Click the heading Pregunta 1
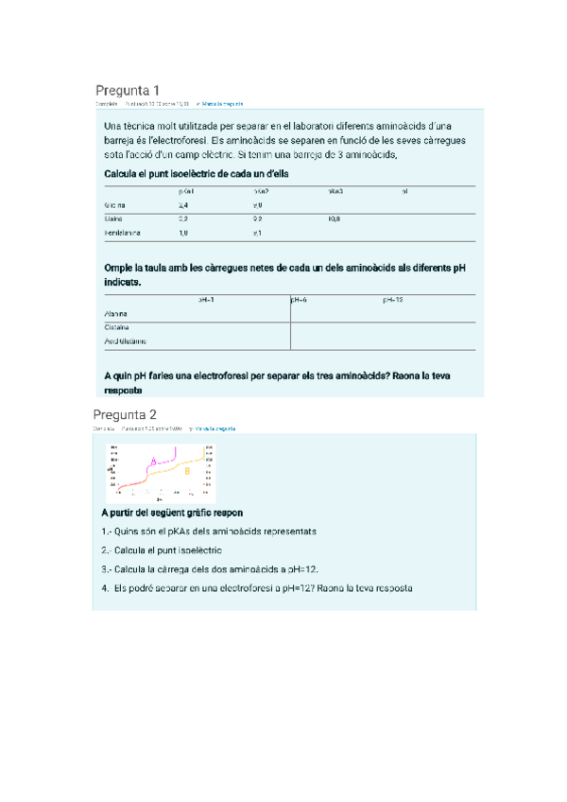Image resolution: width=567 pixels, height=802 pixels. [127, 90]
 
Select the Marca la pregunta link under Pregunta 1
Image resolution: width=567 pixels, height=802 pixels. [219, 104]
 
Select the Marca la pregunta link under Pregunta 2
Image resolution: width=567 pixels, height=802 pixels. [214, 428]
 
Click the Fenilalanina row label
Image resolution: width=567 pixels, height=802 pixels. [124, 233]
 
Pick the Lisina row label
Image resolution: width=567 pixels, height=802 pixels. [114, 218]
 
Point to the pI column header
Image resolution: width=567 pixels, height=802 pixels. [404, 191]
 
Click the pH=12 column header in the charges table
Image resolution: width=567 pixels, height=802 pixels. [393, 299]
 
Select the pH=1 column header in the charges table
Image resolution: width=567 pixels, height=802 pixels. [206, 299]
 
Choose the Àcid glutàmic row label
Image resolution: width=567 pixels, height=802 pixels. [127, 341]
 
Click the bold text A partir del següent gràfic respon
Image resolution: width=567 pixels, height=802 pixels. [178, 512]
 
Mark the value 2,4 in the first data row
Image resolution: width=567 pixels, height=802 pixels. [183, 204]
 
